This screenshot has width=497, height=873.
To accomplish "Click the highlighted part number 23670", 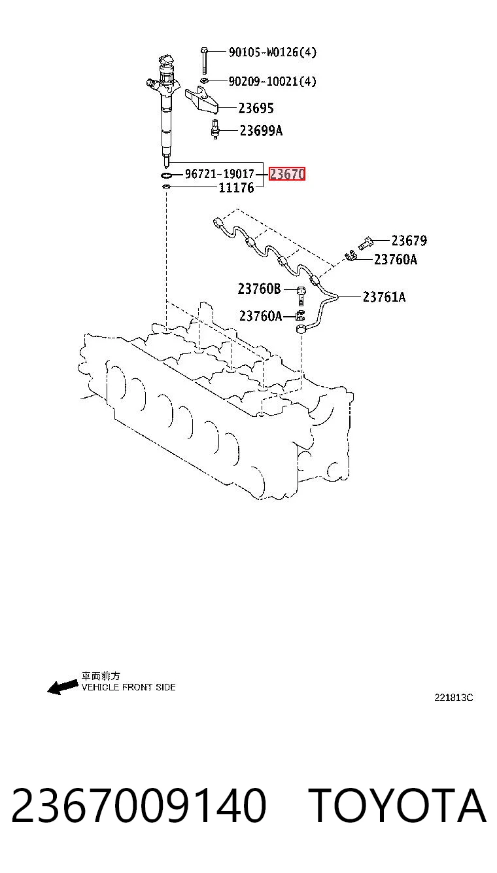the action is pos(287,174).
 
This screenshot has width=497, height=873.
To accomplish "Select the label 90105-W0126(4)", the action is pos(272,52).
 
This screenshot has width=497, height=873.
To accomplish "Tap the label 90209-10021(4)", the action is pos(272,81).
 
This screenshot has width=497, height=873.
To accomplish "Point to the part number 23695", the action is pos(256,108).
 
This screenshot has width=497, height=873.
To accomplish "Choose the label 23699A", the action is pos(261,131).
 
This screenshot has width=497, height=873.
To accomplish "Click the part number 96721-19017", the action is pos(219,173).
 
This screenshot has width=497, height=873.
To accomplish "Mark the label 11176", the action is pos(236,188).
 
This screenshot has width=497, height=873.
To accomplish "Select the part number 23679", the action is pos(409,240).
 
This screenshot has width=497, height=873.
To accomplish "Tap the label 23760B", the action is pos(259,289).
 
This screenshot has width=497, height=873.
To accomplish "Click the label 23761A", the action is pos(384,297).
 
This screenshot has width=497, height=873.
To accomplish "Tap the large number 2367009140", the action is pos(139,805).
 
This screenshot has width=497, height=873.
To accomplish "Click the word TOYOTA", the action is pos(398,805).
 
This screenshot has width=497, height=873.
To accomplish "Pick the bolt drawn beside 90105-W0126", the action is pos(205,60).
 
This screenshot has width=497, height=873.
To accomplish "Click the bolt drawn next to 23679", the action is pos(365,243).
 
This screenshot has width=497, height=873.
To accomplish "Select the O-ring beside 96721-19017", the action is pos(166,175).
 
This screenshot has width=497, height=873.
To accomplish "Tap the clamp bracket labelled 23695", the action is pos(201,101).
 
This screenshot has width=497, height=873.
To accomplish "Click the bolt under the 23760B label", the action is pos(301,296).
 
